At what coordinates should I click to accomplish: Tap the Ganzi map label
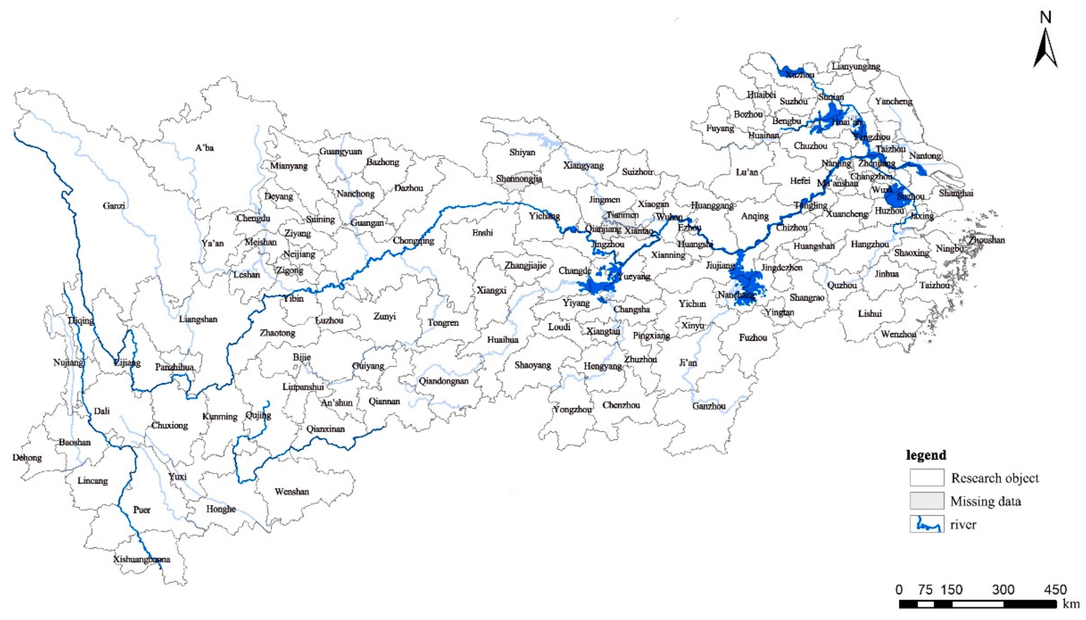114,206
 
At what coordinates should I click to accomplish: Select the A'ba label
204,148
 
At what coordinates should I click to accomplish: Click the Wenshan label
291,492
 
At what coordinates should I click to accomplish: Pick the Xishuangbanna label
142,559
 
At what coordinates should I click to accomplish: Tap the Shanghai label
956,193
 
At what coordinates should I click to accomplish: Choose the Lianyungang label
856,67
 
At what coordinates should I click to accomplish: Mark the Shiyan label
522,152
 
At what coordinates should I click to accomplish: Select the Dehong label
27,458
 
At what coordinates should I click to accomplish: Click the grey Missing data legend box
927,501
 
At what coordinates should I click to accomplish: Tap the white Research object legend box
927,478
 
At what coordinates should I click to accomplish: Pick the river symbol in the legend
927,525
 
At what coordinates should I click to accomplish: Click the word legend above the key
926,455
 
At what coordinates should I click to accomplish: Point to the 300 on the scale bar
1003,590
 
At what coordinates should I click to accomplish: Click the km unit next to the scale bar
1071,604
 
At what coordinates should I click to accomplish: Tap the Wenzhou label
898,335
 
